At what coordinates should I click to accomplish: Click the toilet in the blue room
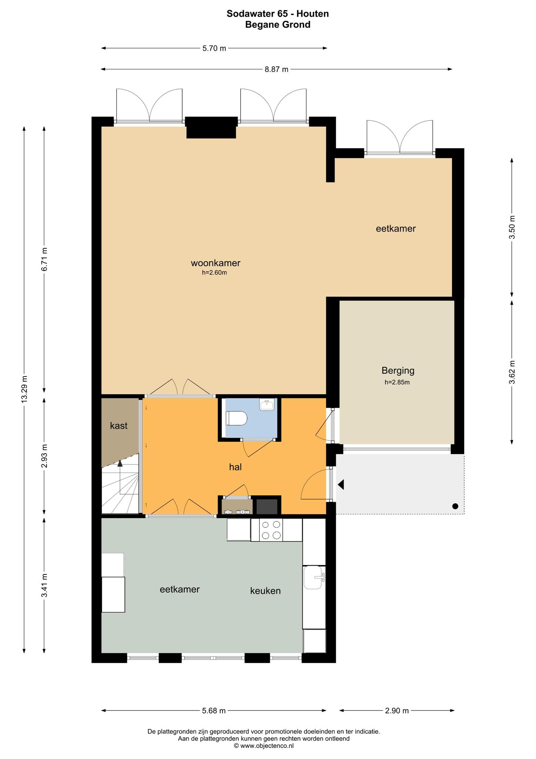[237, 418]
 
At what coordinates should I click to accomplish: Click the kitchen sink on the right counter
[314, 577]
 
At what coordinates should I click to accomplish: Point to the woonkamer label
[215, 263]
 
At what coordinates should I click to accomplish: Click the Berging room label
[398, 371]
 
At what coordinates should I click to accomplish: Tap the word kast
[118, 425]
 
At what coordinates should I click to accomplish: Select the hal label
[235, 467]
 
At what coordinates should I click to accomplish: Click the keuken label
[265, 591]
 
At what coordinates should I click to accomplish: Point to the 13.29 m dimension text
[24, 389]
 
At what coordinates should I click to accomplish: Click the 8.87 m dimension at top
[277, 69]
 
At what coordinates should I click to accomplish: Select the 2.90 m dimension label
[397, 710]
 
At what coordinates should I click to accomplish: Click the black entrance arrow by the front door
[341, 484]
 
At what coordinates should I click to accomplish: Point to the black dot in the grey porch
[455, 506]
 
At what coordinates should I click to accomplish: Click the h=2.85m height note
[397, 382]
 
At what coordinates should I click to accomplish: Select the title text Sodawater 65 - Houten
[278, 14]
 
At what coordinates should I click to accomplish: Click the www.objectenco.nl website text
[267, 746]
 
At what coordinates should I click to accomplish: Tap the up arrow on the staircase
[120, 463]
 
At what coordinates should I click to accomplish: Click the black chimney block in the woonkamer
[211, 127]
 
